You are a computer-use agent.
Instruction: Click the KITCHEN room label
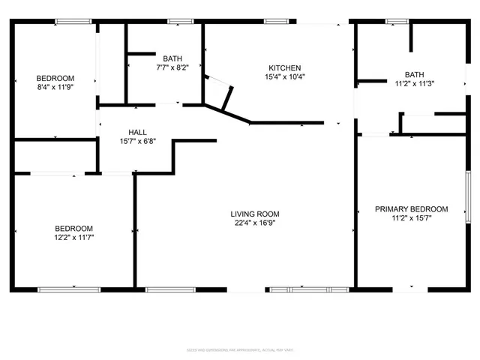[285, 68]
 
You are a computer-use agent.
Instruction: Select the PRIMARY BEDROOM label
[411, 209]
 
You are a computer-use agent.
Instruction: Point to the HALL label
[138, 131]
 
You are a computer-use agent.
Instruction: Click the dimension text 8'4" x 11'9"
[55, 87]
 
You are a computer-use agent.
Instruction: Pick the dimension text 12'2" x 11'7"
[73, 237]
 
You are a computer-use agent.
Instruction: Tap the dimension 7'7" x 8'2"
[172, 67]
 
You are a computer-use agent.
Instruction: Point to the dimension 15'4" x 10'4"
[285, 76]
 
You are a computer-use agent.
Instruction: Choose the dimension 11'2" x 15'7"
[411, 218]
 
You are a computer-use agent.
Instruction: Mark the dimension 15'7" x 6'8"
[138, 140]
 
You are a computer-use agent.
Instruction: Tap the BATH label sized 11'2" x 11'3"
[414, 74]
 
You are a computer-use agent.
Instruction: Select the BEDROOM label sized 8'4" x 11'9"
[55, 78]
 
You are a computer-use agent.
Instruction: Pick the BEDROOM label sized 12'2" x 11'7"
[73, 228]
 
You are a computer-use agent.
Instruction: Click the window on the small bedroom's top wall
[68, 21]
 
